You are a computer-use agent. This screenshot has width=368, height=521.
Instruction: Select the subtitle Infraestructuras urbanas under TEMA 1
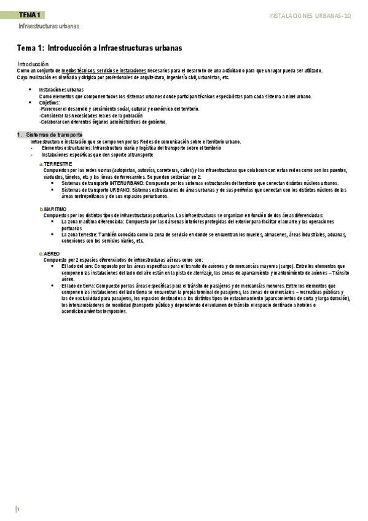click(x=49, y=27)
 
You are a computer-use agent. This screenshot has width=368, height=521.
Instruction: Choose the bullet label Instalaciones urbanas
click(x=61, y=90)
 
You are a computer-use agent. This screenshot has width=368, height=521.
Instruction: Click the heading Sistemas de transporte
click(x=54, y=135)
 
